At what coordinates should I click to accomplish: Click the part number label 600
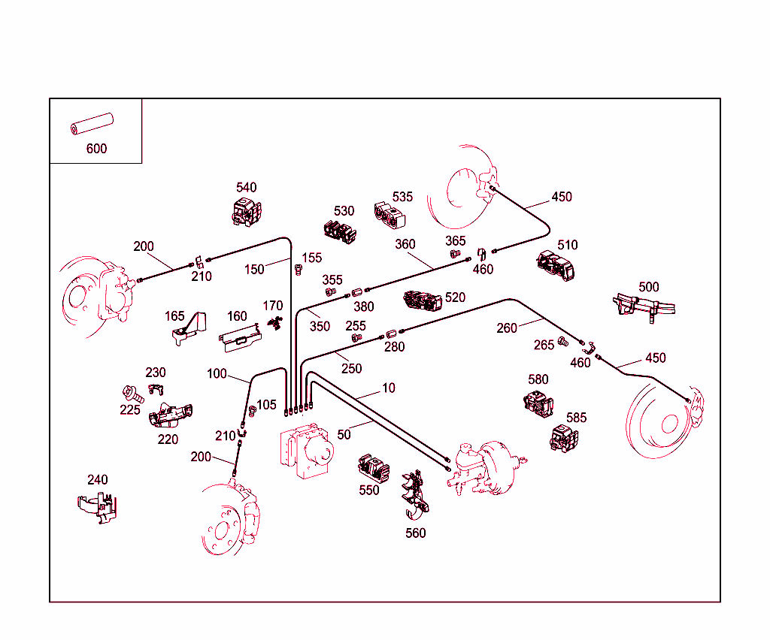(96, 149)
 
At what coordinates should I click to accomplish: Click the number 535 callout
(402, 197)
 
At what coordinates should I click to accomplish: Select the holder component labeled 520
(423, 300)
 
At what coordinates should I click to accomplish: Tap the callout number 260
(507, 328)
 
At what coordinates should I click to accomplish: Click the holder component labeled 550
(374, 468)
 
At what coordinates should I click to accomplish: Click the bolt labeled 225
(131, 394)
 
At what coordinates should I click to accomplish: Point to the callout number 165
(174, 316)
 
